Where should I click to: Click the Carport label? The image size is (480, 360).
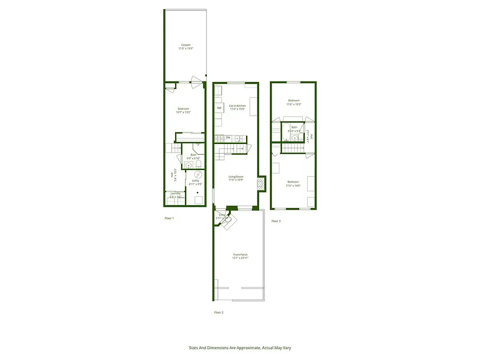click(186, 45)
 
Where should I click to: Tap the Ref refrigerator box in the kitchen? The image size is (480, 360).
click(219, 108)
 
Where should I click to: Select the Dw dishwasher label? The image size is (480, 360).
click(228, 137)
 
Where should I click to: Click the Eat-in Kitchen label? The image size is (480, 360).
click(238, 106)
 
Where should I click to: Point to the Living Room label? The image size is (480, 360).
click(236, 177)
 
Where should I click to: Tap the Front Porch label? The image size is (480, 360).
click(240, 255)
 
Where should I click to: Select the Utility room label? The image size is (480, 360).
click(195, 180)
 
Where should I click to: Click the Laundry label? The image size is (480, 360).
click(175, 193)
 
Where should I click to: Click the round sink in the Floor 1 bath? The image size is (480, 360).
click(188, 165)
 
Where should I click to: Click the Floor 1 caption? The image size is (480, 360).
click(169, 218)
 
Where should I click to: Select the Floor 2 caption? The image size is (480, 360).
click(219, 312)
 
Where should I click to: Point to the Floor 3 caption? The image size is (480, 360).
click(276, 221)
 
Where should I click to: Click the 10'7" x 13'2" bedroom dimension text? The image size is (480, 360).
click(183, 112)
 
